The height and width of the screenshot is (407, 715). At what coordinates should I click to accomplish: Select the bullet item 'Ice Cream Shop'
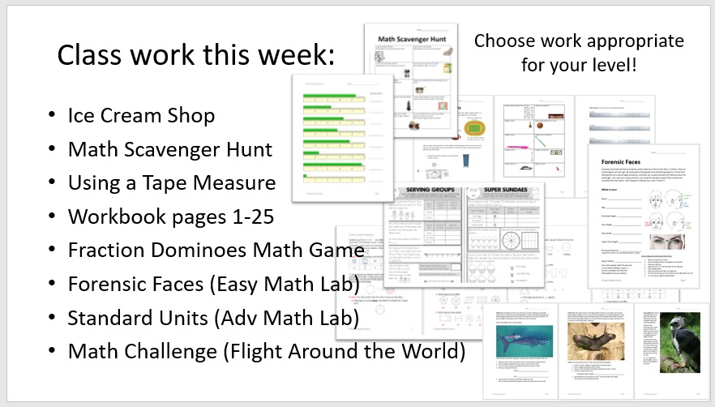pos(141,116)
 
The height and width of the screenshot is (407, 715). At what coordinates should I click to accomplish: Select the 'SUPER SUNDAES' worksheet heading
pos(500,192)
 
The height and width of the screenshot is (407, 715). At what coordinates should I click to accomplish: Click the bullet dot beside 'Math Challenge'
pos(53,353)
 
